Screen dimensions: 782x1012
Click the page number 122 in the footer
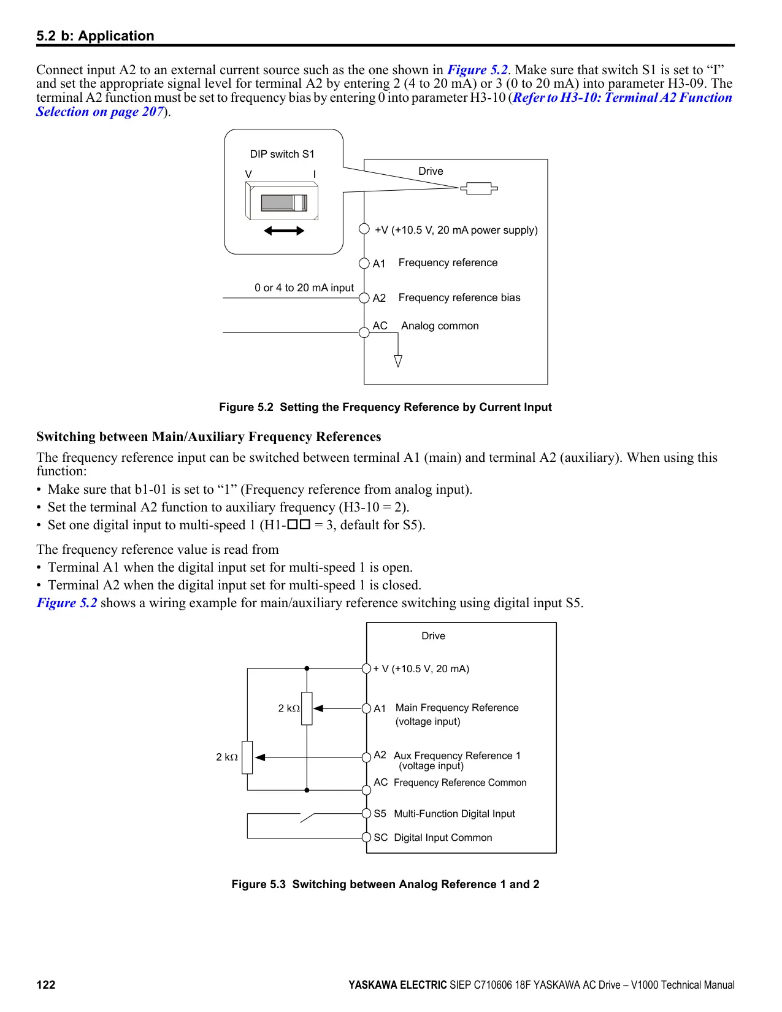[x=45, y=984]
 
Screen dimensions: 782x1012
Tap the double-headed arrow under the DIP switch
[x=283, y=231]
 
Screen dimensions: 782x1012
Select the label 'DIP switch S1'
[x=282, y=154]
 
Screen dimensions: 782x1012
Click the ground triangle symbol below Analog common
[x=398, y=361]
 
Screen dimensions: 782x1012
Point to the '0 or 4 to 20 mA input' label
[x=304, y=288]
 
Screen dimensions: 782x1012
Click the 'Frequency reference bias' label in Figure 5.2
[x=459, y=297]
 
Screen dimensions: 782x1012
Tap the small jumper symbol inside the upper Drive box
[x=479, y=188]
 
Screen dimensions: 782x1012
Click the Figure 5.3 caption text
[x=385, y=884]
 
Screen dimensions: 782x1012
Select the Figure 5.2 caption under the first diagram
[x=385, y=407]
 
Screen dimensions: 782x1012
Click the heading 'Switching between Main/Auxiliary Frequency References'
[x=209, y=436]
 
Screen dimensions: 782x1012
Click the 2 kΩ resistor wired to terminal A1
[x=307, y=708]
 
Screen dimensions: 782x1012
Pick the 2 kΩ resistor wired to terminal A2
[x=247, y=757]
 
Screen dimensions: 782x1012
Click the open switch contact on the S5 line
[x=307, y=818]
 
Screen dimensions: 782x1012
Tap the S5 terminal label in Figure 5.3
[x=380, y=814]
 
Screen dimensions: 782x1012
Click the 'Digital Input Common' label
[x=443, y=837]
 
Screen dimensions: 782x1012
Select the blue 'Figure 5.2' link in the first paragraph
[x=477, y=70]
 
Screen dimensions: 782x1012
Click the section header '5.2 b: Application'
[x=95, y=36]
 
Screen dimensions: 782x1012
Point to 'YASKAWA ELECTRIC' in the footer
[x=398, y=984]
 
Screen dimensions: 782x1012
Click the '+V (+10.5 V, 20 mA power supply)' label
[x=456, y=230]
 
